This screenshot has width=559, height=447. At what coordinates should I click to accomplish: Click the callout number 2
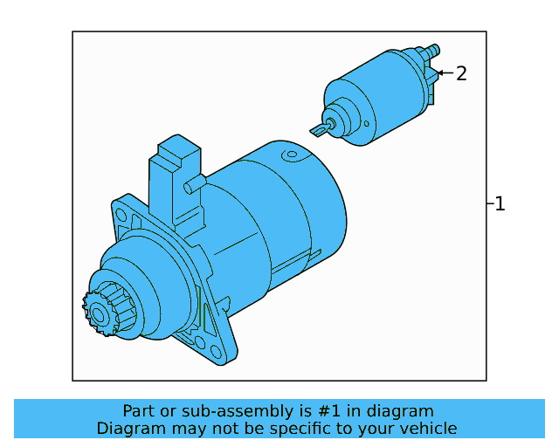461,73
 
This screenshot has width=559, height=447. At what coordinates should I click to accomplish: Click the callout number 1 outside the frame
500,204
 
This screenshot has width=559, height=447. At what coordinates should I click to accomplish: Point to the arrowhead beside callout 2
439,73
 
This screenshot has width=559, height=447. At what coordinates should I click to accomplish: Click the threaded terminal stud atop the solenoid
434,52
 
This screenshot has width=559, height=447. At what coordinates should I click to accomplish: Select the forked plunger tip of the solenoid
319,130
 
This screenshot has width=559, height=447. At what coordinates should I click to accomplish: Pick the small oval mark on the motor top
288,155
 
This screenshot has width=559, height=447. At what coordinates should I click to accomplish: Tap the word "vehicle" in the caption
429,429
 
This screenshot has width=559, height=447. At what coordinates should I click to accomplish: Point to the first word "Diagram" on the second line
128,429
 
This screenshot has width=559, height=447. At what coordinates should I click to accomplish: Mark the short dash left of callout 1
489,204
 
